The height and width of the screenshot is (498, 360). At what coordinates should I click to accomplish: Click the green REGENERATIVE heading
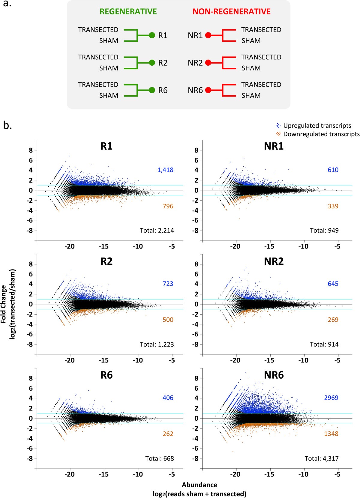128,12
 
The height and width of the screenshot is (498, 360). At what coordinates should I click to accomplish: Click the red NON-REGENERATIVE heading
231,12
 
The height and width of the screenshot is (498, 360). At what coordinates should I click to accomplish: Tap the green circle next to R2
152,63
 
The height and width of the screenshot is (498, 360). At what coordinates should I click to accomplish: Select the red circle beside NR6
208,90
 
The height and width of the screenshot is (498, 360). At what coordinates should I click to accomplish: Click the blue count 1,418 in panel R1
165,170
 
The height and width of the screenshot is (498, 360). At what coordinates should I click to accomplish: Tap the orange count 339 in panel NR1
333,206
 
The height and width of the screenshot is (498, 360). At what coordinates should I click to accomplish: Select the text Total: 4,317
321,458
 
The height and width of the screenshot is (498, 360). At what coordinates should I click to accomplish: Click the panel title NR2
274,261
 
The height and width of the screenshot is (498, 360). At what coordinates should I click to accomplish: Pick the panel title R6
106,375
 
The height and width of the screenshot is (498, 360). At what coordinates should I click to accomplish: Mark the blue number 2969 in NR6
331,398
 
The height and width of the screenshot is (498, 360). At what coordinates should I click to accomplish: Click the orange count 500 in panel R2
168,320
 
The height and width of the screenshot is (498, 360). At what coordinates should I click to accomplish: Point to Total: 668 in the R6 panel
159,458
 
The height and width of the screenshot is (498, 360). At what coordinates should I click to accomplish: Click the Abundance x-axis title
199,485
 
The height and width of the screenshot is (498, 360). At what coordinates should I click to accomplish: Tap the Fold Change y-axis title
4,304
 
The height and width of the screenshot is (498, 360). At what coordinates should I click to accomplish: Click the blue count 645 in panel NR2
333,284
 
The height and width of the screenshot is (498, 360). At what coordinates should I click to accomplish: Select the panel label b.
7,125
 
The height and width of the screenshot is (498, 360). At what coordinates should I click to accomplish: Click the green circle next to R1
152,35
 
